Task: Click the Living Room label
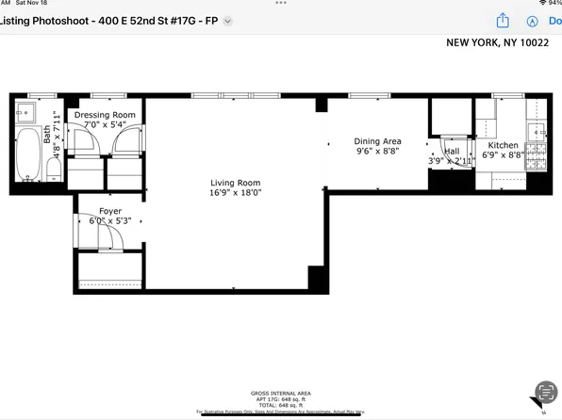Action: (x=235, y=183)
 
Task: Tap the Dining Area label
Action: (x=378, y=141)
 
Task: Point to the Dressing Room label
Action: (x=105, y=114)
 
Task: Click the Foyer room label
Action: (x=110, y=211)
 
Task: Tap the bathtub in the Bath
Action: (x=27, y=155)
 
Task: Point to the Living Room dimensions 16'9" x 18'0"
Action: (x=235, y=193)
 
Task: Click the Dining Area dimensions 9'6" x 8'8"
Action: (x=378, y=151)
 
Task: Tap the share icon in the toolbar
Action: (x=504, y=21)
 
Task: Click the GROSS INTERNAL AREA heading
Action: (x=280, y=393)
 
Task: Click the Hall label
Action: (x=452, y=151)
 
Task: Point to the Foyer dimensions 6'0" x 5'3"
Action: (x=109, y=221)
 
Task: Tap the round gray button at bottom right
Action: (x=544, y=392)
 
